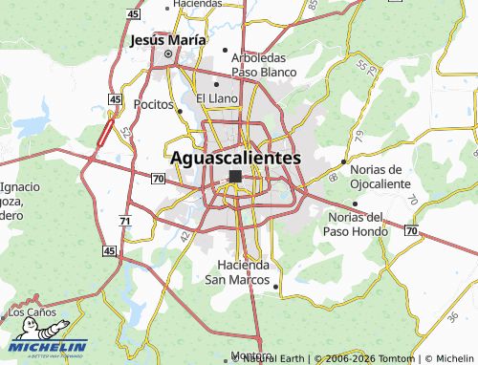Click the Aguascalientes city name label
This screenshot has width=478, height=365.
pyautogui.click(x=235, y=158)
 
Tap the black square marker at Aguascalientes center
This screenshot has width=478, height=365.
pyautogui.click(x=235, y=176)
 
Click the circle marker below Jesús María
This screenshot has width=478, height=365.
pyautogui.click(x=169, y=55)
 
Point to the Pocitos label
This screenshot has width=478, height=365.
pyautogui.click(x=153, y=103)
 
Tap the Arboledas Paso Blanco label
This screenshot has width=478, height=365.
pyautogui.click(x=263, y=64)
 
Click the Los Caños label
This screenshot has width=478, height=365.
pyautogui.click(x=33, y=312)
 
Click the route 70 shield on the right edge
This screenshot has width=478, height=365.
pyautogui.click(x=410, y=231)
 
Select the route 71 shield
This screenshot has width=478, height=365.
pyautogui.click(x=125, y=221)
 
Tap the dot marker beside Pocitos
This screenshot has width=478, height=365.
pyautogui.click(x=180, y=111)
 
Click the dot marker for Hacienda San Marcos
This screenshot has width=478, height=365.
pyautogui.click(x=275, y=285)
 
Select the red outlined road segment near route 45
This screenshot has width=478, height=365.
pyautogui.click(x=105, y=132)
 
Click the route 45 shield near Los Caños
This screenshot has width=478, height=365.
pyautogui.click(x=110, y=250)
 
